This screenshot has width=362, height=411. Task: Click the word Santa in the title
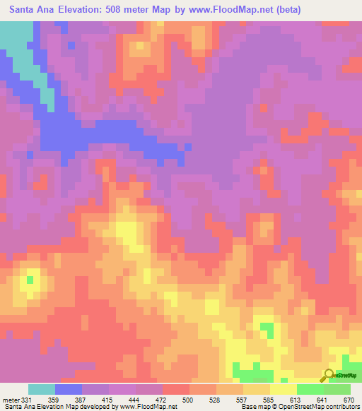[25, 10]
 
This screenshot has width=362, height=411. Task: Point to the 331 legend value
[26, 400]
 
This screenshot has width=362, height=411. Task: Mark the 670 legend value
[348, 400]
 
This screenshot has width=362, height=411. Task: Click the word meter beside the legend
[11, 400]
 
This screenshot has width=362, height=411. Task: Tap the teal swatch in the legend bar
[42, 389]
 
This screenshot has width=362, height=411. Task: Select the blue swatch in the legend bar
[69, 389]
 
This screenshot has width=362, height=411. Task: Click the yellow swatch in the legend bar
[284, 389]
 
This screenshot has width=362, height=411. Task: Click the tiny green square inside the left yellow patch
[30, 280]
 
